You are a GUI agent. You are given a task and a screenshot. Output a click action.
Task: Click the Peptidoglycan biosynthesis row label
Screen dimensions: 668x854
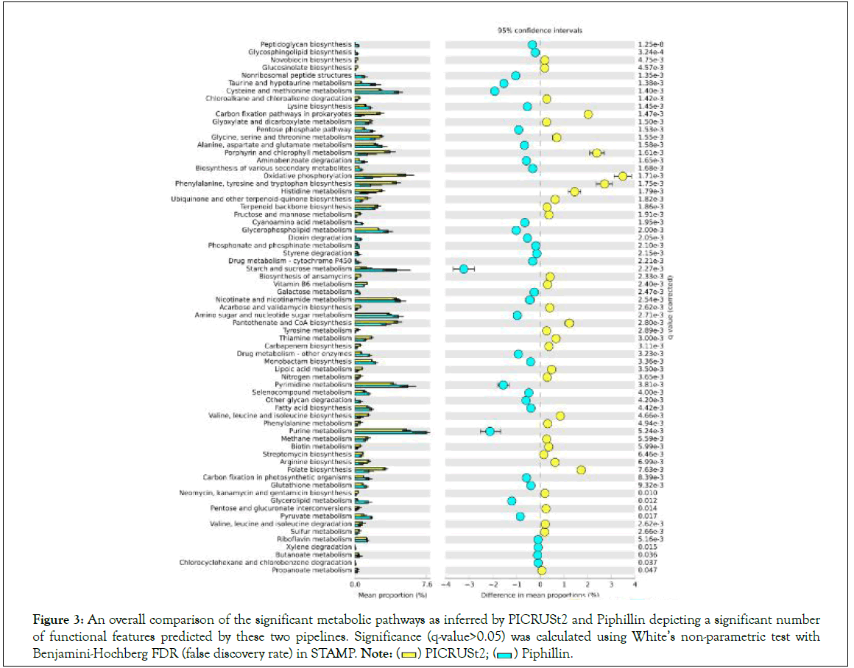pos(310,45)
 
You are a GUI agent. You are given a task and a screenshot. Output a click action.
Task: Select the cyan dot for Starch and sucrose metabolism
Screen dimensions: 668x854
pos(464,269)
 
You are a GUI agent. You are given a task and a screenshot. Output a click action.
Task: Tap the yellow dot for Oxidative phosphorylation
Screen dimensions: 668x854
pos(623,176)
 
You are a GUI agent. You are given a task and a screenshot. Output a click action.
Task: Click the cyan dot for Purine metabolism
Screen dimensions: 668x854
pos(490,431)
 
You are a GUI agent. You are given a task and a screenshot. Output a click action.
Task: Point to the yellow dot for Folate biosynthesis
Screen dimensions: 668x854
pos(581,470)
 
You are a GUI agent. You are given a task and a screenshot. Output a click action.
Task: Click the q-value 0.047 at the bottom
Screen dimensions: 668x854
pos(646,570)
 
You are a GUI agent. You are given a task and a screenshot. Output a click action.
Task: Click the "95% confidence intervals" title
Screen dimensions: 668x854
pos(540,31)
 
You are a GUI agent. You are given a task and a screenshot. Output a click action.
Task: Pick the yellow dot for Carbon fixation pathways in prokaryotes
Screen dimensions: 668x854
pos(588,114)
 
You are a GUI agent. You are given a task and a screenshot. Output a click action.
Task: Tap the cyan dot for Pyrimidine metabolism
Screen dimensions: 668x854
pos(503,384)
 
